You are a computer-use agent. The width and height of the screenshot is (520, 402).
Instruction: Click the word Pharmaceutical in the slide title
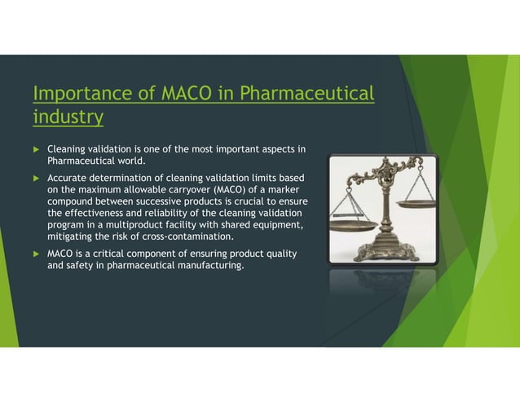[x=302, y=95]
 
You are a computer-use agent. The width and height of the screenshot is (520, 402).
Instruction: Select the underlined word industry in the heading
[x=68, y=118]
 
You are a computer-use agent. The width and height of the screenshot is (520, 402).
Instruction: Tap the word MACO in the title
[x=195, y=95]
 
